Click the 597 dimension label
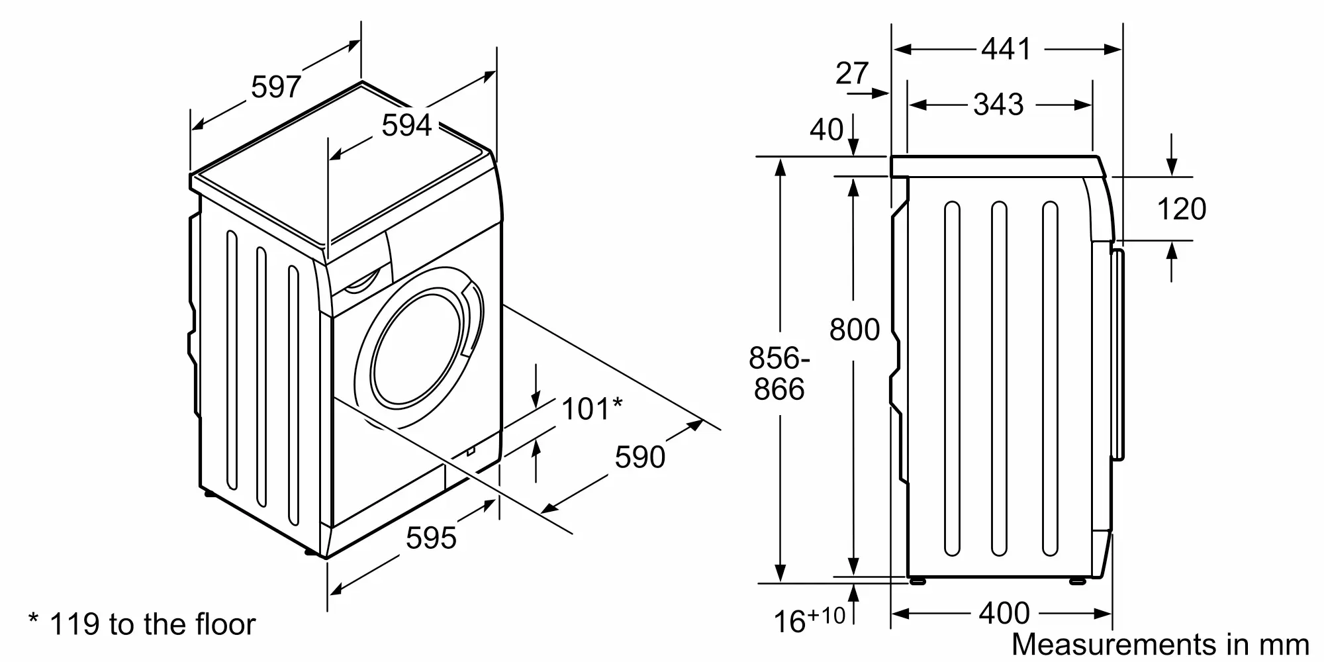coord(276,87)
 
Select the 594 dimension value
coord(406,125)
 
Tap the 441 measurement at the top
coord(1006,49)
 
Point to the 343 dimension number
coord(998,105)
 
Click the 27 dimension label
coord(851,73)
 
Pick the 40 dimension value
coord(826,130)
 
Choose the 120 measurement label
coord(1182,209)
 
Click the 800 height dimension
coord(855,330)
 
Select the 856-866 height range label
coord(779,373)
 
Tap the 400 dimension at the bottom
coord(1004,614)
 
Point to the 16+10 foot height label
coord(810,620)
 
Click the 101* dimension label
coord(592,409)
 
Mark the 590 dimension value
coord(640,457)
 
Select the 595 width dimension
coord(431,538)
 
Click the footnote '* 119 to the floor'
coord(142,624)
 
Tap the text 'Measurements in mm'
coord(1160,644)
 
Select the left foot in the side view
coord(918,581)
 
